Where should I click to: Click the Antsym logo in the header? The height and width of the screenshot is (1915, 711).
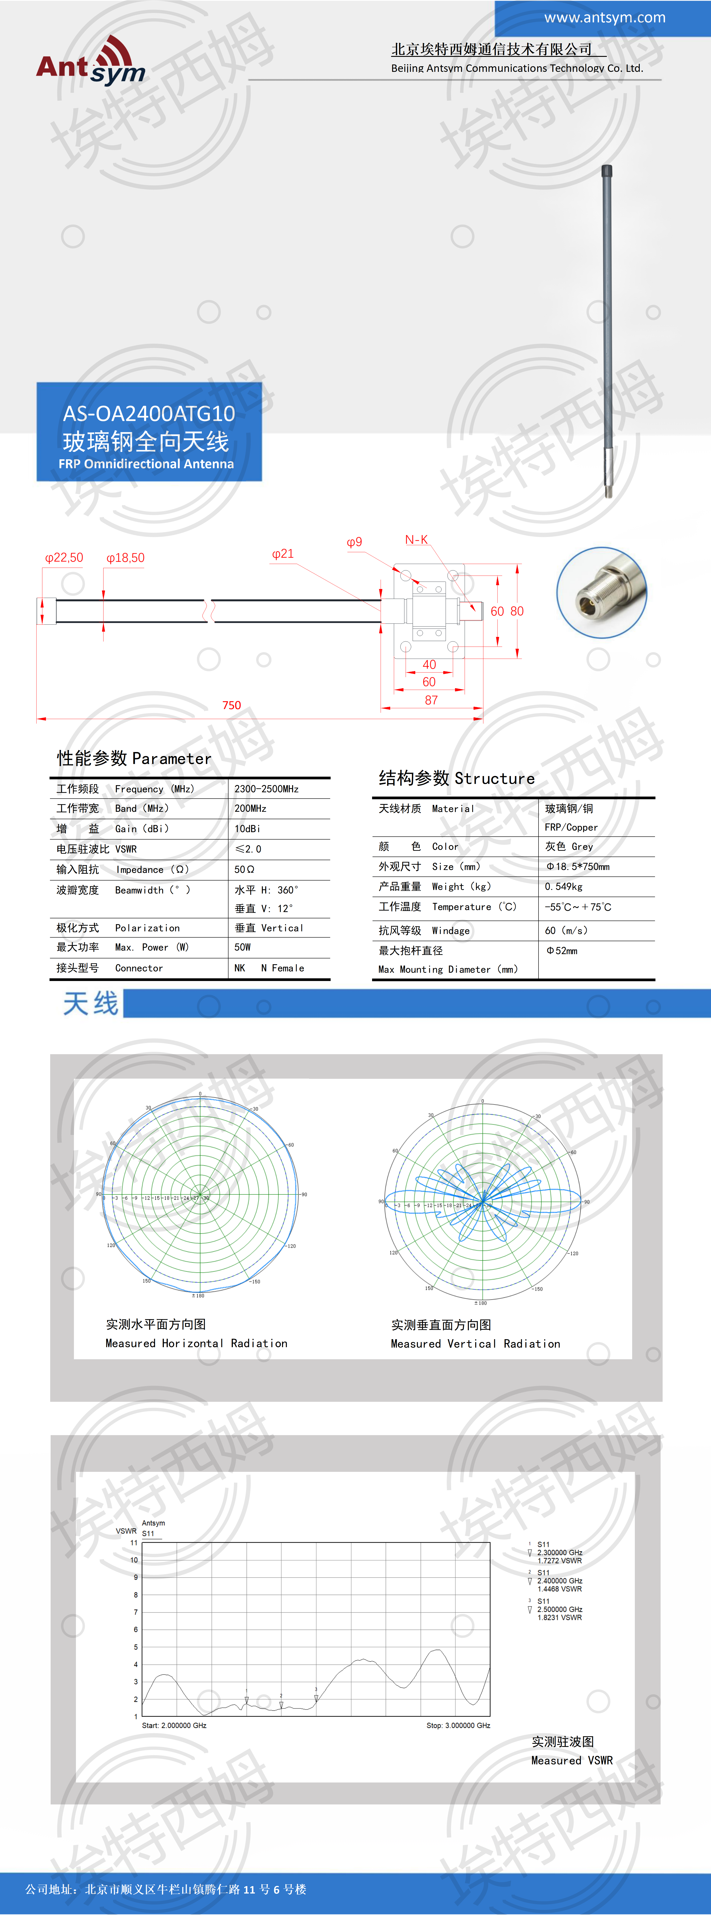(91, 62)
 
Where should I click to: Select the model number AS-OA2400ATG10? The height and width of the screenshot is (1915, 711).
(149, 413)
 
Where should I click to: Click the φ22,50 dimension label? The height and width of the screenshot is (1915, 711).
(64, 558)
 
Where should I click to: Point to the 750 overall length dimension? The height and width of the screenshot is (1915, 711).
(231, 705)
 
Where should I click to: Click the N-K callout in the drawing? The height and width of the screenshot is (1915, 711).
(416, 540)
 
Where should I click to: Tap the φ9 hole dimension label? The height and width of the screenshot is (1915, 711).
(355, 542)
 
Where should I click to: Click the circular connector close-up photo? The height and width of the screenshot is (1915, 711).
(602, 592)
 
